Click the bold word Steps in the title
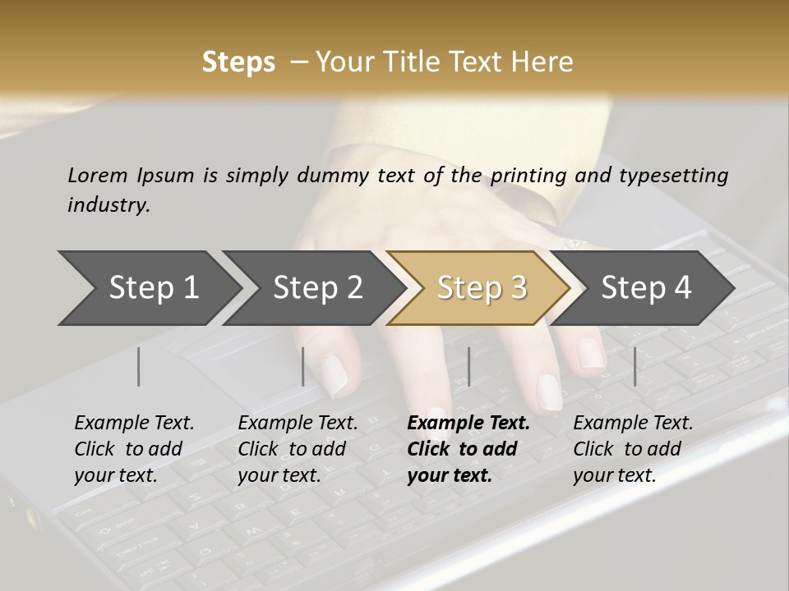click(238, 62)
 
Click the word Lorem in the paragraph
click(97, 175)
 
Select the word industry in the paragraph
click(108, 205)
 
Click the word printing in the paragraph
click(528, 175)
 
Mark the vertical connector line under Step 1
click(139, 366)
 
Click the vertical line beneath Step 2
click(303, 366)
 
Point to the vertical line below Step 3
click(468, 366)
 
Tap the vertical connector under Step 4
click(634, 366)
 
